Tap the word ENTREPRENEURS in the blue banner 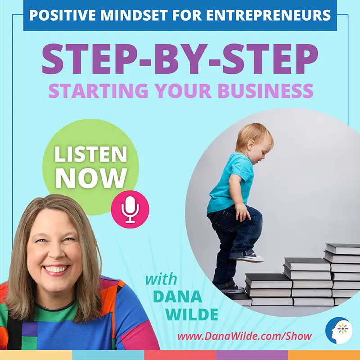pos(268,15)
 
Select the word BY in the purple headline pos(181,58)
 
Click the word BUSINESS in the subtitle pos(265,90)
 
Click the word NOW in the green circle pos(91,178)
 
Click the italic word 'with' pos(161,279)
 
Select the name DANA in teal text pos(177,297)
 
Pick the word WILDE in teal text pos(191,314)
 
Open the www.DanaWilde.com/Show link pos(244,336)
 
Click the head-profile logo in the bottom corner pos(339,331)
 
